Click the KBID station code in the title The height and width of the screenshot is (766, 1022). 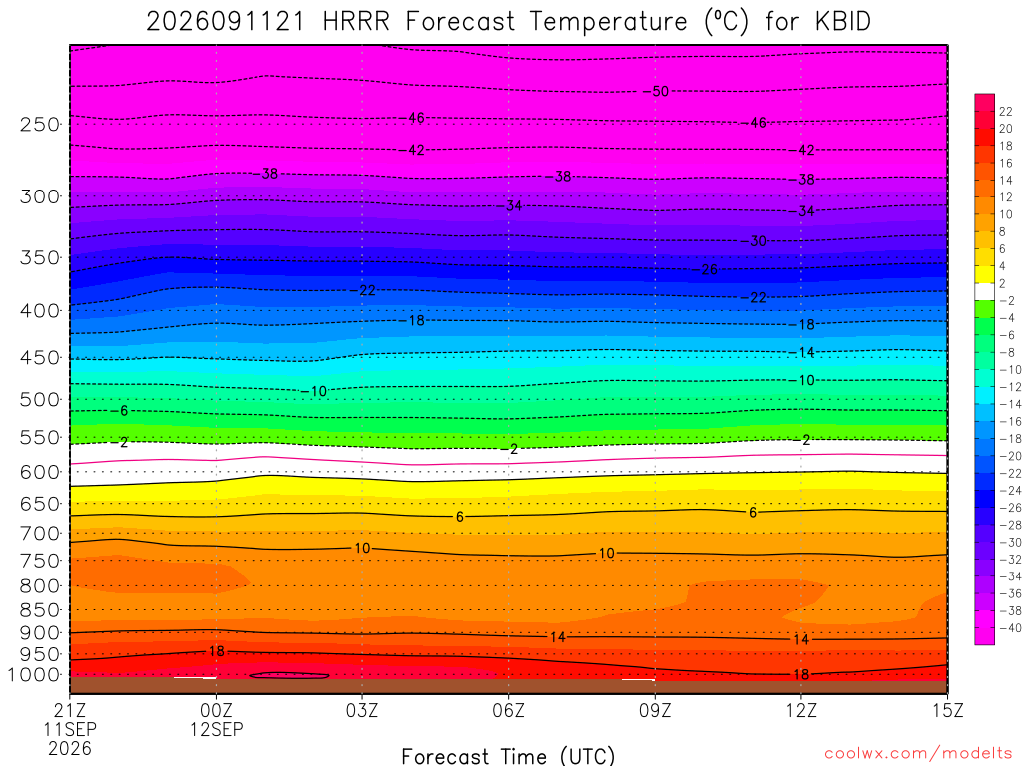tap(842, 22)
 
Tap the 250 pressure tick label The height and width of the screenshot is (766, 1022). tap(40, 124)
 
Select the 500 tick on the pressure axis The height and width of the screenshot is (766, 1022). tap(40, 399)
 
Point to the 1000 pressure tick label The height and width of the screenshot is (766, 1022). tap(34, 675)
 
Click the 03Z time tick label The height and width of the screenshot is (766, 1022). tap(361, 710)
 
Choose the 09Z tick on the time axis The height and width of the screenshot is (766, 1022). tap(655, 710)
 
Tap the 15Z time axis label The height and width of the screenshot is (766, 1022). tap(947, 710)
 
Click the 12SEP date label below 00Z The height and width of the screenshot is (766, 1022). tap(216, 729)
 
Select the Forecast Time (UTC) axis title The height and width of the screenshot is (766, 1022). tap(508, 756)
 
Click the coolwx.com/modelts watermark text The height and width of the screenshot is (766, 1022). tap(918, 754)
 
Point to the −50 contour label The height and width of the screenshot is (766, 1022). tap(656, 91)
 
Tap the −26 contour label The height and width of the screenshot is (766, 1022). tap(705, 269)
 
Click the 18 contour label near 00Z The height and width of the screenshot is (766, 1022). tap(216, 651)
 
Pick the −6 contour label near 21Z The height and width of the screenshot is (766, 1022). tap(120, 410)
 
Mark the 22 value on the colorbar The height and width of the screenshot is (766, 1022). tap(1006, 112)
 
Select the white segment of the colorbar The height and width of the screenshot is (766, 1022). tap(984, 292)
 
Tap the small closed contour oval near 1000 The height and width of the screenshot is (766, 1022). tap(289, 676)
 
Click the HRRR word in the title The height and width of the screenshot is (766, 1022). tap(356, 22)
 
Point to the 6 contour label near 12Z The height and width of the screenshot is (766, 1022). tap(753, 512)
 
